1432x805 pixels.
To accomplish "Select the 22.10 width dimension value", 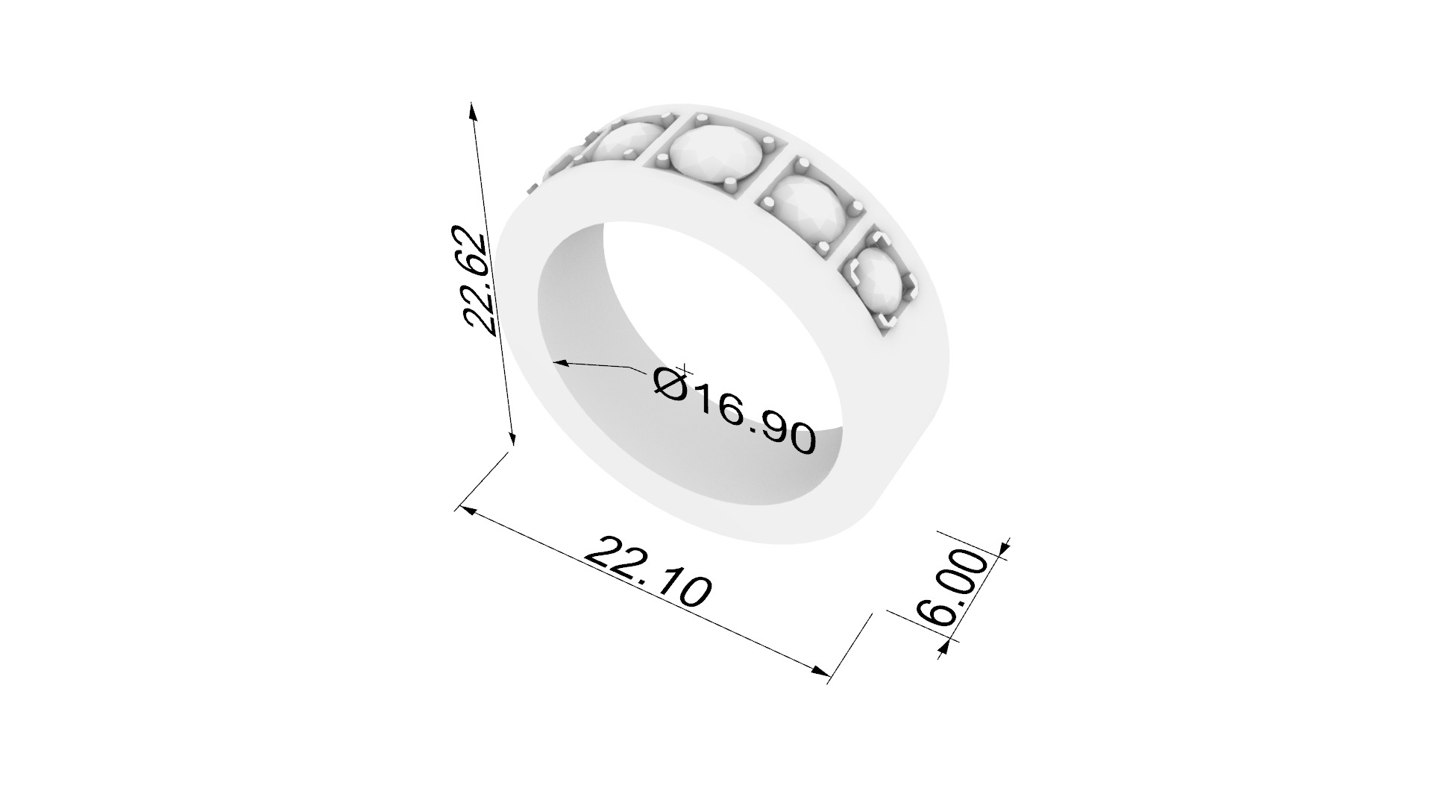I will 647,571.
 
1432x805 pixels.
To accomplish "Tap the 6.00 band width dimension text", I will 952,588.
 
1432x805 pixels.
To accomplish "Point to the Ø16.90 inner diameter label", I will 735,411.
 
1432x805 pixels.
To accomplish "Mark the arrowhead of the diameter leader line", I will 560,363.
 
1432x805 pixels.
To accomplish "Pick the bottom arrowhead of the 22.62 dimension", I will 512,439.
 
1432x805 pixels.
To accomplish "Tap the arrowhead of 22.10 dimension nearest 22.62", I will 465,510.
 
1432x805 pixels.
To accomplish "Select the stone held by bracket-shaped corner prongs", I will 878,280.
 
